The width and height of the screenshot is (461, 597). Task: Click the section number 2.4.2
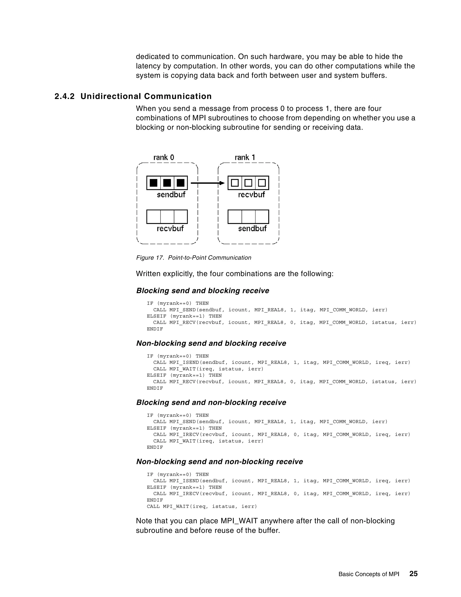pyautogui.click(x=64, y=96)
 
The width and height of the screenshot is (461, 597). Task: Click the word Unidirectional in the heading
pyautogui.click(x=111, y=96)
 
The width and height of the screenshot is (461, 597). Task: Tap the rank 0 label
pyautogui.click(x=164, y=157)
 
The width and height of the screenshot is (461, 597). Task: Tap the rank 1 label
pyautogui.click(x=245, y=157)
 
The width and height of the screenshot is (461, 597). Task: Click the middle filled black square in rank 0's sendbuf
pyautogui.click(x=167, y=183)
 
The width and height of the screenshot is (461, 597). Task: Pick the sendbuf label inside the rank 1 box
pyautogui.click(x=252, y=228)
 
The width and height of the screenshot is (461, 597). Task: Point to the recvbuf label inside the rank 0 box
pyautogui.click(x=170, y=228)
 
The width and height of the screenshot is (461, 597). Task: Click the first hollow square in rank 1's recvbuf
pyautogui.click(x=235, y=183)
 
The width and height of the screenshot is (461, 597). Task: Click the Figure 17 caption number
pyautogui.click(x=150, y=257)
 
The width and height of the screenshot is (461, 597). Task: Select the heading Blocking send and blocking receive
pyautogui.click(x=202, y=291)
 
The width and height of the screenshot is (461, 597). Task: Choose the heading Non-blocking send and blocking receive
pyautogui.click(x=211, y=343)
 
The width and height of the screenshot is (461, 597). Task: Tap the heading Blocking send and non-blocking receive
pyautogui.click(x=211, y=402)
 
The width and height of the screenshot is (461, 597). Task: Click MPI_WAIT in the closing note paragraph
pyautogui.click(x=239, y=521)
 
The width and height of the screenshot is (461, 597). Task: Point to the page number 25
pyautogui.click(x=413, y=574)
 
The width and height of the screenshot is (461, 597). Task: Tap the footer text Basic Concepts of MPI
pyautogui.click(x=369, y=574)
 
